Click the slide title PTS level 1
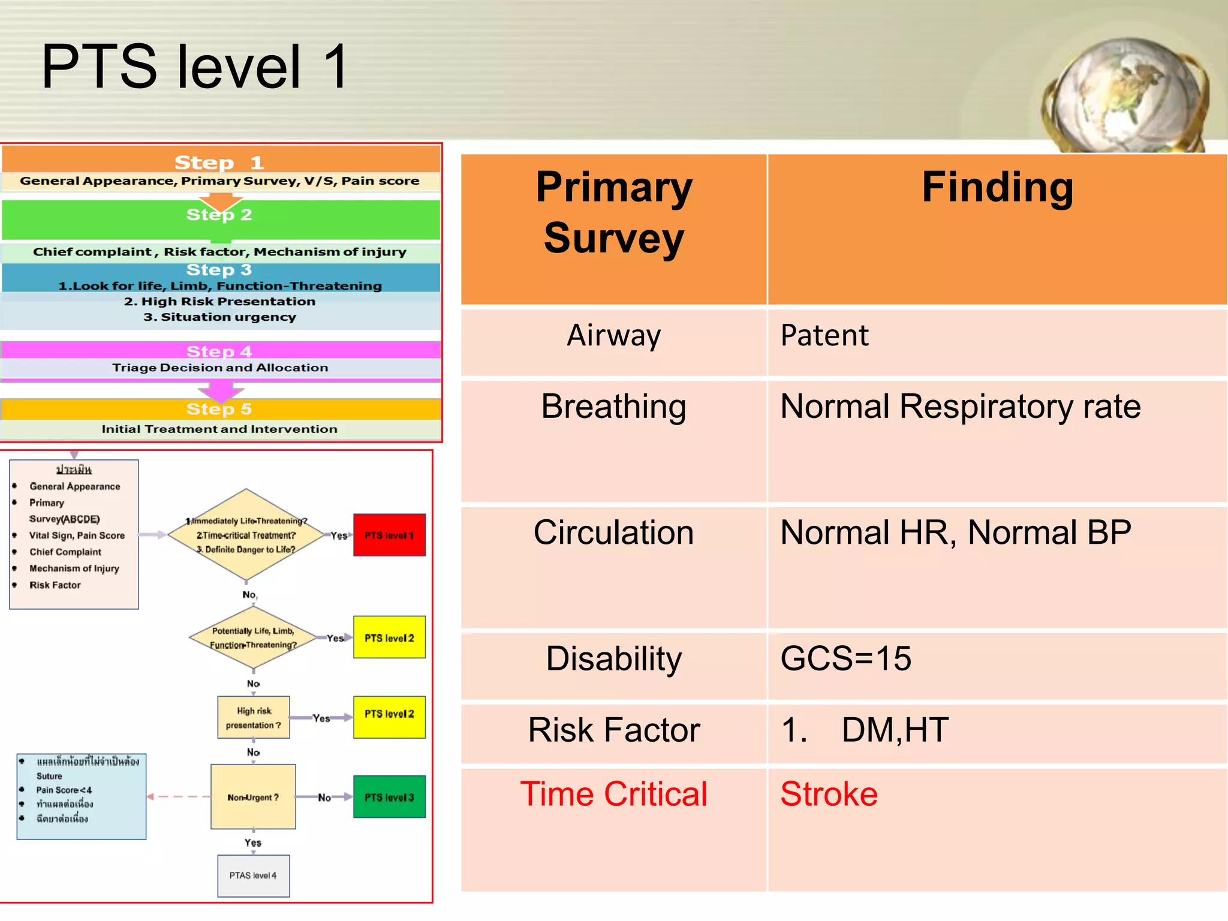tap(195, 67)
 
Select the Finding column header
tap(997, 188)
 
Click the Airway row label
tap(613, 335)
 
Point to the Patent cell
tap(824, 335)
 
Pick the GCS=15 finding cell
tap(845, 658)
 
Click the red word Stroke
tap(829, 794)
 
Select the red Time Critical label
tap(613, 794)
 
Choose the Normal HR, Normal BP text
tap(955, 532)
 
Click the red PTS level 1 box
tap(389, 535)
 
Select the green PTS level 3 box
tap(389, 797)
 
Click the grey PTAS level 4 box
tap(253, 875)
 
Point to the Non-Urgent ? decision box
tap(253, 797)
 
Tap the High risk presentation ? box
tap(253, 718)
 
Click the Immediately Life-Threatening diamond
tap(246, 535)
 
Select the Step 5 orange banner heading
tap(219, 409)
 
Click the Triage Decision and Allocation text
tap(220, 368)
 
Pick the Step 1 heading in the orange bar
tap(219, 162)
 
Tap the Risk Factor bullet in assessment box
tap(55, 585)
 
